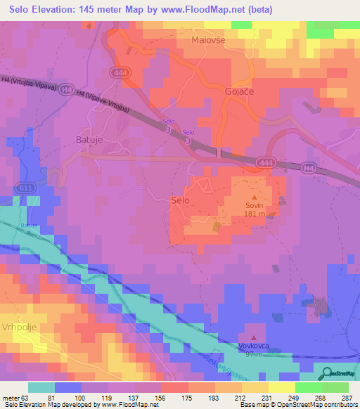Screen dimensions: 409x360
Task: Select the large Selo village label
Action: point(180,200)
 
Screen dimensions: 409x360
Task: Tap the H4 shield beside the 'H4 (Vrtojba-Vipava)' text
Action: point(65,89)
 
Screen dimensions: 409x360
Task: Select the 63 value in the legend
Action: point(25,397)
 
